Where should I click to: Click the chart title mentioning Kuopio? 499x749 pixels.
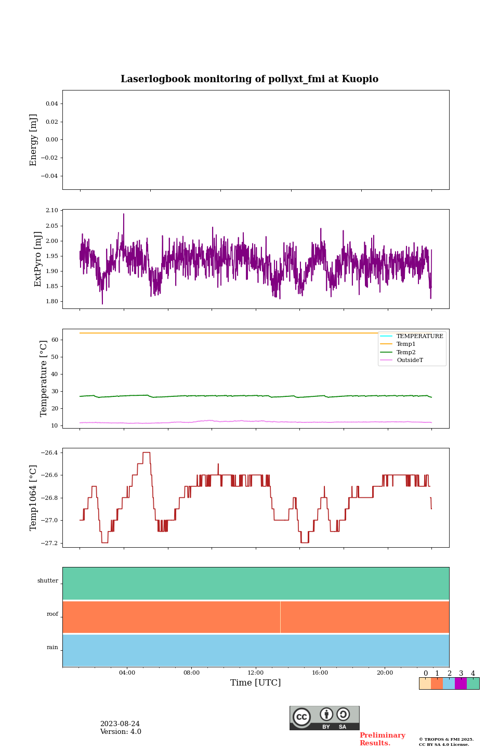[x=249, y=79]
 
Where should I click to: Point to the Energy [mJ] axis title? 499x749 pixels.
[x=34, y=140]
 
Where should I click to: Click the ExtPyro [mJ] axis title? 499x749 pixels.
[x=38, y=259]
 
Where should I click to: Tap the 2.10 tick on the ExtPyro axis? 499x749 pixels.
[x=52, y=211]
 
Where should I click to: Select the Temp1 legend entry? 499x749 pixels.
[x=406, y=344]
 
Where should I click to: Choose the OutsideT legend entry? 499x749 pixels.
[x=410, y=360]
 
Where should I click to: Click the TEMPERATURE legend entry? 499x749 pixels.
[x=419, y=337]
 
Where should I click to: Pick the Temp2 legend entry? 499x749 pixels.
[x=406, y=353]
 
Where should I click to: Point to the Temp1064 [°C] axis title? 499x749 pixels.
[x=34, y=498]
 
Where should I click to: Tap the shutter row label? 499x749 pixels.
[x=48, y=581]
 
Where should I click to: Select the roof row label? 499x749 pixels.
[x=52, y=614]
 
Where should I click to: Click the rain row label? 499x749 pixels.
[x=52, y=648]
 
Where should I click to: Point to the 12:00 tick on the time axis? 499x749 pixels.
[x=256, y=673]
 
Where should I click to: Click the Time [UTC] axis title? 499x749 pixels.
[x=256, y=683]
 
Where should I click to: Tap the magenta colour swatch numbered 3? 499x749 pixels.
[x=461, y=683]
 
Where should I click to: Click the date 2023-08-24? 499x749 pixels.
[x=120, y=724]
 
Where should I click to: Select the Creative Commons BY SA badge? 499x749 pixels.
[x=324, y=718]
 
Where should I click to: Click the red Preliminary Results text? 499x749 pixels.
[x=382, y=739]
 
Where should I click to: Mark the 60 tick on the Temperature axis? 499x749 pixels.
[x=55, y=340]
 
